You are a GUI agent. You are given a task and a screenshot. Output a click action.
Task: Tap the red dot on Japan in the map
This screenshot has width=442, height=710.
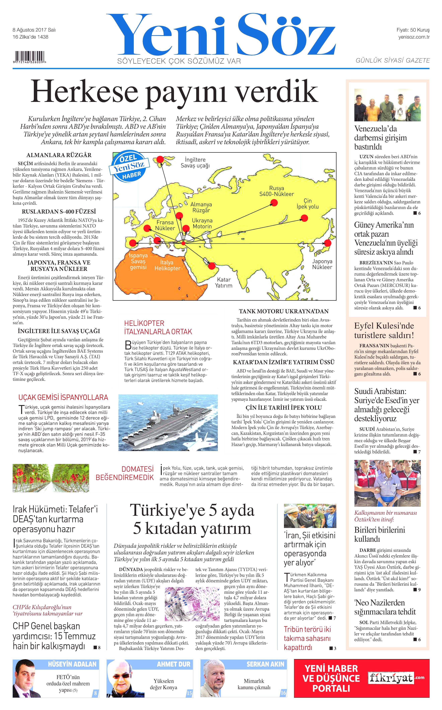pos(328,243)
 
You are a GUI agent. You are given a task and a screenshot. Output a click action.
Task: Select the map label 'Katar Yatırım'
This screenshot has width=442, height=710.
pos(224,282)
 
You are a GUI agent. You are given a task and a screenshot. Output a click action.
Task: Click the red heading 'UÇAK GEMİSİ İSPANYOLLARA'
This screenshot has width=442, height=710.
pos(63,397)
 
